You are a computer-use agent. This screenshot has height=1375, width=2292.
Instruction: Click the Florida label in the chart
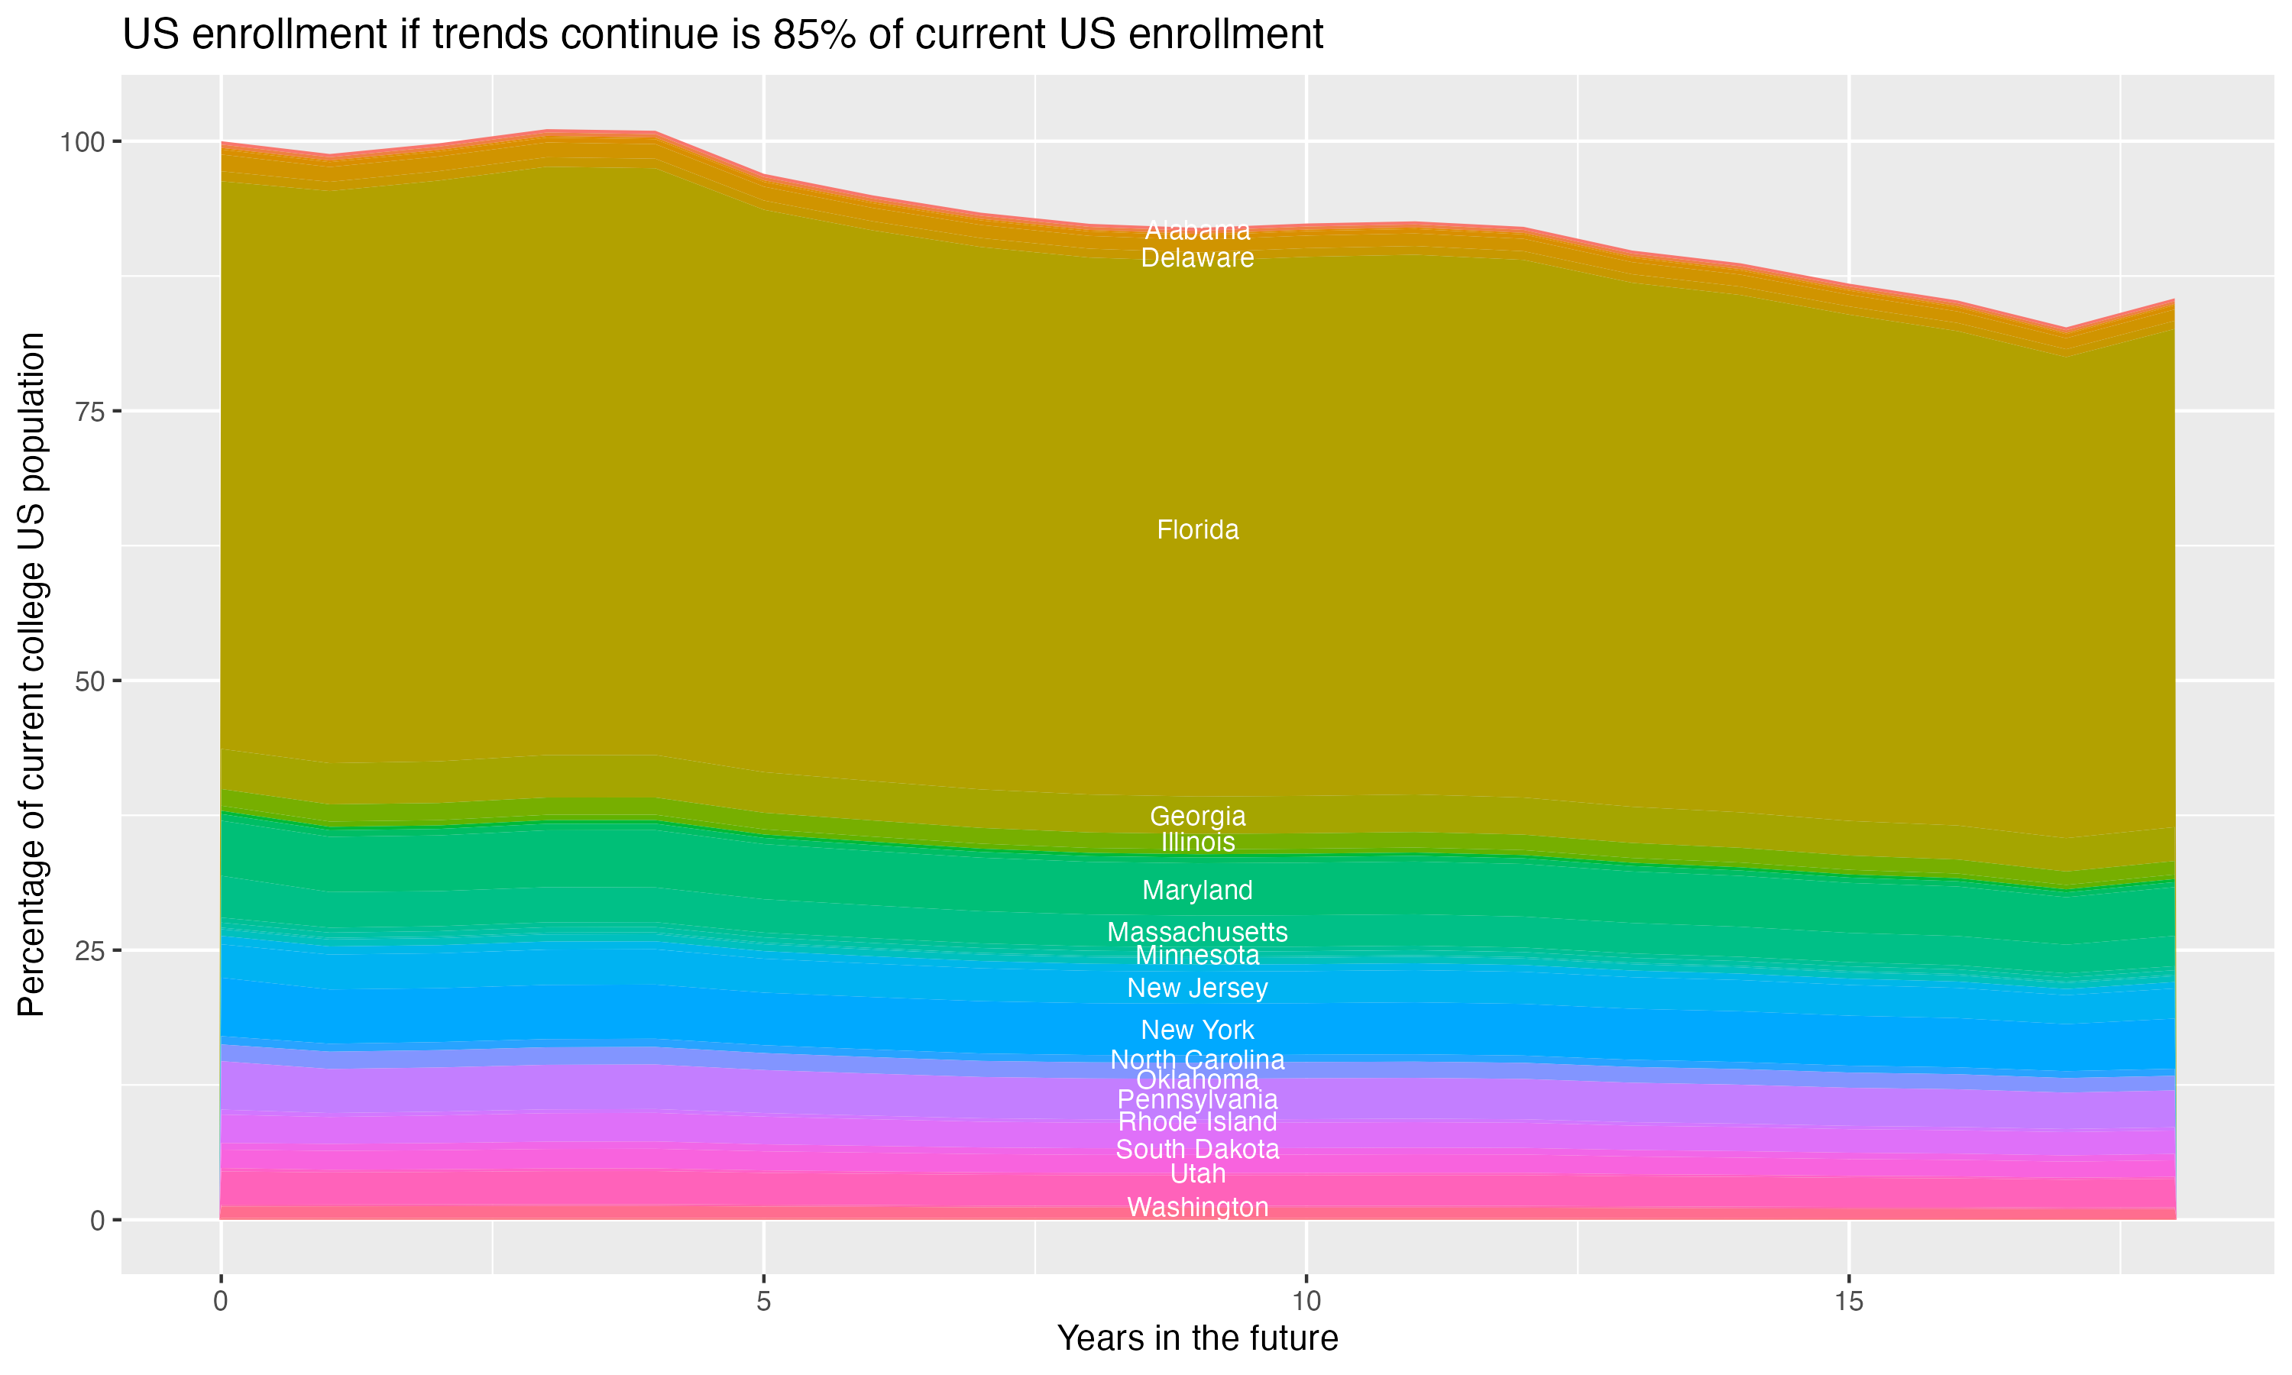[1197, 530]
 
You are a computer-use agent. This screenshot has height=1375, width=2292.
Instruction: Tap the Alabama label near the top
[1197, 230]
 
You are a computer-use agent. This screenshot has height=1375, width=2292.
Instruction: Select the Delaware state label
[1197, 257]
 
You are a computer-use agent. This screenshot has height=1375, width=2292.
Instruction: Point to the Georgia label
[1197, 817]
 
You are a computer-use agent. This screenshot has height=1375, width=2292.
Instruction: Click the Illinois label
[1197, 843]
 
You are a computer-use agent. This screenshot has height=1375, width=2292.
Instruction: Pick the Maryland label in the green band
[1197, 891]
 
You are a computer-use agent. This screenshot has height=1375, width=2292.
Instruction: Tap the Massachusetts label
[1197, 932]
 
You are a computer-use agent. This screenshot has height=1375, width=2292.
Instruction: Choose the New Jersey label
[1197, 988]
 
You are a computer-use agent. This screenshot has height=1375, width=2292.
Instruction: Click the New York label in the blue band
[1197, 1030]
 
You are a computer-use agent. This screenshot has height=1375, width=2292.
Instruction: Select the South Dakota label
[1197, 1150]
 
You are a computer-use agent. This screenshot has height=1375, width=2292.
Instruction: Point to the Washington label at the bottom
[1197, 1207]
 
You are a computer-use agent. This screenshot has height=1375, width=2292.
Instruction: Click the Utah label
[1197, 1174]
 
